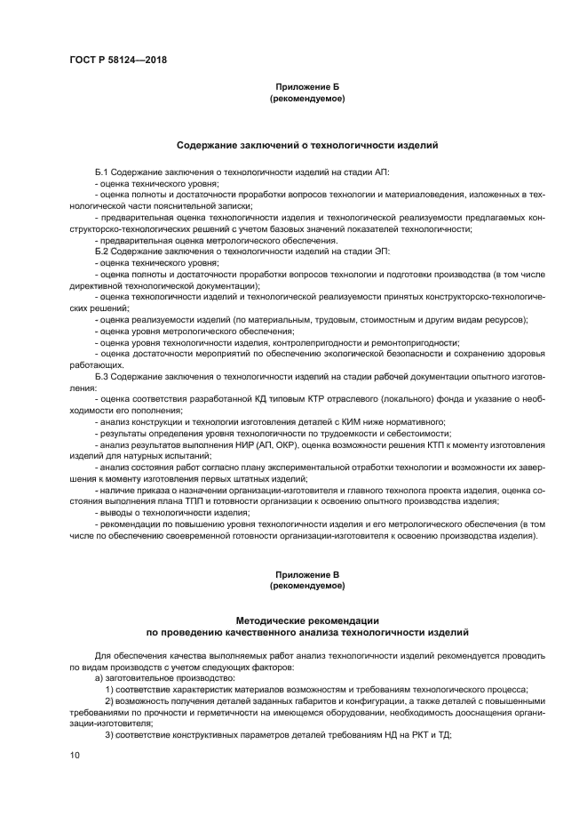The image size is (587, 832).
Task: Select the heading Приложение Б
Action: point(306,88)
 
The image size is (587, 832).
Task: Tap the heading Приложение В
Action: point(306,575)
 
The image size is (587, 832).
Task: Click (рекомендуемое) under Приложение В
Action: point(306,587)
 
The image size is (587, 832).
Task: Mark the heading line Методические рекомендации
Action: point(306,619)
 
